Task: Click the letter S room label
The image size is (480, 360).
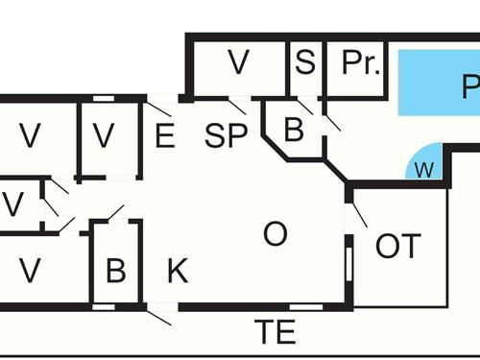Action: pyautogui.click(x=304, y=64)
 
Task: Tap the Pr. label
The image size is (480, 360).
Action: pyautogui.click(x=361, y=64)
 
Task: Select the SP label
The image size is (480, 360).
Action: pyautogui.click(x=226, y=135)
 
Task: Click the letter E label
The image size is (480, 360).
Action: pyautogui.click(x=164, y=136)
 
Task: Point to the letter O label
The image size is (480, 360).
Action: pyautogui.click(x=276, y=233)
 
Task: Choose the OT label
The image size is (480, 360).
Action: pyautogui.click(x=397, y=246)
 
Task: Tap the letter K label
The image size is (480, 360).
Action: pyautogui.click(x=178, y=271)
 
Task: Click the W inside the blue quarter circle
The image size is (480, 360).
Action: pyautogui.click(x=423, y=171)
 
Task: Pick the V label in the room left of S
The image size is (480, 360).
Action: pyautogui.click(x=238, y=64)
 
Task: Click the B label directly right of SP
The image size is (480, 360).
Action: pyautogui.click(x=294, y=130)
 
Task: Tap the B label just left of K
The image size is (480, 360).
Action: pyautogui.click(x=115, y=271)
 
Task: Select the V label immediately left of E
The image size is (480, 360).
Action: pyautogui.click(x=104, y=136)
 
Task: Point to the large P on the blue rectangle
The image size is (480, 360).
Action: pyautogui.click(x=468, y=89)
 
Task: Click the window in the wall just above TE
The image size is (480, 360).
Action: pyautogui.click(x=305, y=307)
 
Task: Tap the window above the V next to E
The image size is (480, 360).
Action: pyautogui.click(x=104, y=97)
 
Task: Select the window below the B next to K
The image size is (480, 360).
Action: pyautogui.click(x=104, y=307)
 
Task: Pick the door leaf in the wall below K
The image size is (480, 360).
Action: pyautogui.click(x=160, y=313)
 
